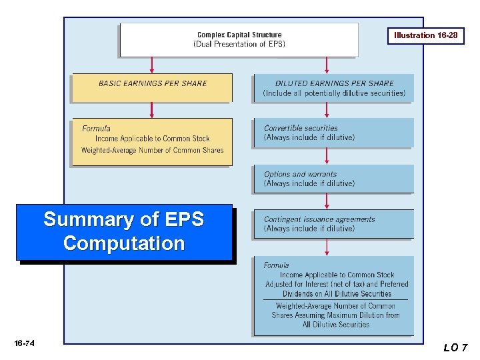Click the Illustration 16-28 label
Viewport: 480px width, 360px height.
[x=425, y=35]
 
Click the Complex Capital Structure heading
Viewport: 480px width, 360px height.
[x=239, y=35]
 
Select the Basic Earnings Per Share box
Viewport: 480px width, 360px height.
[x=152, y=87]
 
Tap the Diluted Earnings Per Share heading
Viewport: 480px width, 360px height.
[x=334, y=83]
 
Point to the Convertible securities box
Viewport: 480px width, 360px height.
[x=333, y=133]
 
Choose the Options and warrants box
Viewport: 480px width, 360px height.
[x=333, y=179]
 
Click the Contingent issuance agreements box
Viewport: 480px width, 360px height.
[x=333, y=223]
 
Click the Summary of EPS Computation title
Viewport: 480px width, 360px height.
[x=124, y=231]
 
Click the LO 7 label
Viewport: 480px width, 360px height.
[x=455, y=347]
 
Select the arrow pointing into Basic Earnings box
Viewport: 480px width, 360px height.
[x=152, y=65]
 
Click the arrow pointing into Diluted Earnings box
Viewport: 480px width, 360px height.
[x=327, y=65]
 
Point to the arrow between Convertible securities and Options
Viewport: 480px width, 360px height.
[x=327, y=156]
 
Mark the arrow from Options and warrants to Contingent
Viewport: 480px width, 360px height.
[x=327, y=201]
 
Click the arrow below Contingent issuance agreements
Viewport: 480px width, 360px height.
[x=327, y=247]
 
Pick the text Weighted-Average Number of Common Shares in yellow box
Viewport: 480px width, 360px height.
[x=152, y=151]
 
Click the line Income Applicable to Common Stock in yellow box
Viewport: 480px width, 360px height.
[x=152, y=139]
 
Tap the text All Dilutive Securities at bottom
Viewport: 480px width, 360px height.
[x=335, y=325]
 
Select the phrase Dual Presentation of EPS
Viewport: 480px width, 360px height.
[x=239, y=44]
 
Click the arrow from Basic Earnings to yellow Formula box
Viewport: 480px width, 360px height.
[x=152, y=111]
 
